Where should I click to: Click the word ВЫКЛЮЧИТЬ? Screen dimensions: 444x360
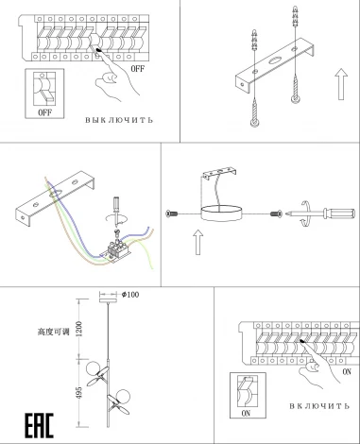tap(120, 121)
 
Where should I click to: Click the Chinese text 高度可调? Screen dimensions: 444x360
tap(57, 332)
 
